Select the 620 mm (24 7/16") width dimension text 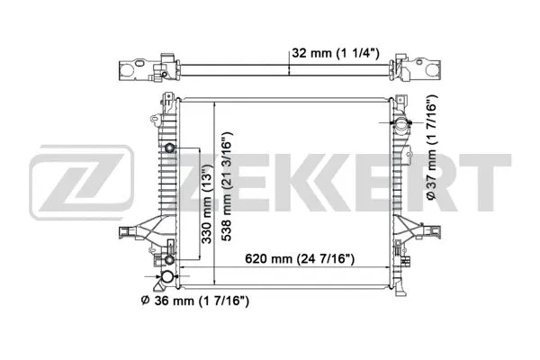tap(300, 259)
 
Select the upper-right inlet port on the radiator tap(400, 124)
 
